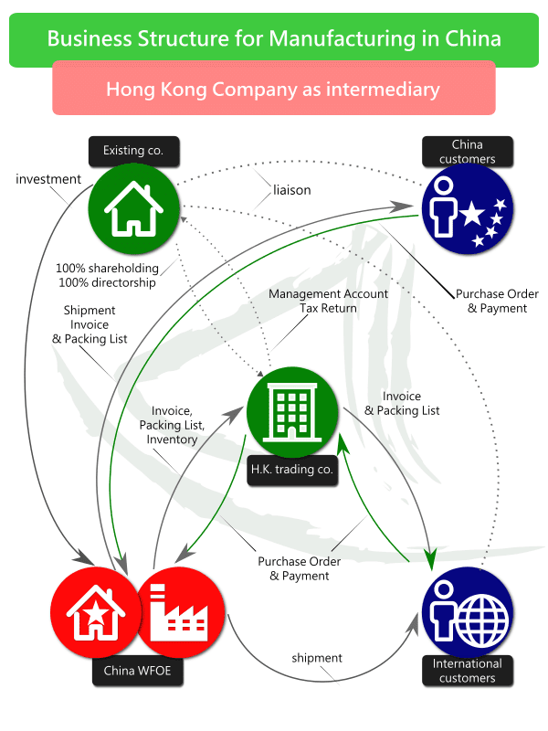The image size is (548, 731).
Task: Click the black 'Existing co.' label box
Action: (132, 150)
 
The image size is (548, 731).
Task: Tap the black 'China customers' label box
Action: (467, 152)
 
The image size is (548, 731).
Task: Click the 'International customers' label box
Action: (467, 671)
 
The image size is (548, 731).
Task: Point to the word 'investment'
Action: (48, 179)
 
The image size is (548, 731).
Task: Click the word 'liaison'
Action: (291, 191)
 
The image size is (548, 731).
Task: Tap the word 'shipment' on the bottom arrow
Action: (317, 658)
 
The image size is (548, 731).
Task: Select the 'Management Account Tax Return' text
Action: (329, 302)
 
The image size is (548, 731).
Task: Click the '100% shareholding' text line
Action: (107, 269)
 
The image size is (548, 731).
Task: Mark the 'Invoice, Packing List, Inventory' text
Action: (173, 425)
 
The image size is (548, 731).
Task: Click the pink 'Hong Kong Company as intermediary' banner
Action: (273, 90)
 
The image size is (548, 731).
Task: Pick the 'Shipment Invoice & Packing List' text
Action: (90, 324)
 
